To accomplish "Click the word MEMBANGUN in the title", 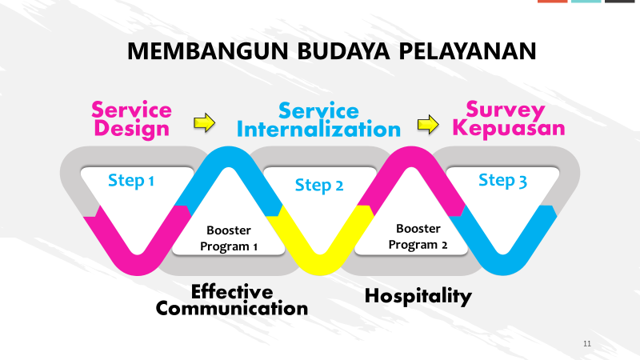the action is pyautogui.click(x=208, y=51).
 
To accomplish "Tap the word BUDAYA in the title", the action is pyautogui.click(x=344, y=51).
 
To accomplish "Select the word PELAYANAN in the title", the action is pyautogui.click(x=467, y=51).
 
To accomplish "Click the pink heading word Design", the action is pyautogui.click(x=131, y=129).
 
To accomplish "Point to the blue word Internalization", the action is pyautogui.click(x=318, y=130).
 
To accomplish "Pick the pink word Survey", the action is pyautogui.click(x=506, y=110).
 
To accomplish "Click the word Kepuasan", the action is pyautogui.click(x=509, y=128).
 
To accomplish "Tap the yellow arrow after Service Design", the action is pyautogui.click(x=205, y=122).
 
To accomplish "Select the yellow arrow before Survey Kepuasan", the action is pyautogui.click(x=428, y=124).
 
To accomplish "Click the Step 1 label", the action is pyautogui.click(x=131, y=181).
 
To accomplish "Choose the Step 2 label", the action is pyautogui.click(x=319, y=186).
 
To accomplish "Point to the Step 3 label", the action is pyautogui.click(x=502, y=181).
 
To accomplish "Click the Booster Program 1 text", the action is pyautogui.click(x=229, y=238).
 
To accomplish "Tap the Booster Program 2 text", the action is pyautogui.click(x=418, y=237).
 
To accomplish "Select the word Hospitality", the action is pyautogui.click(x=418, y=296).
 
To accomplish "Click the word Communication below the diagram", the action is pyautogui.click(x=232, y=309).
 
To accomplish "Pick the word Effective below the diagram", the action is pyautogui.click(x=232, y=292).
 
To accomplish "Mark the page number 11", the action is pyautogui.click(x=587, y=344).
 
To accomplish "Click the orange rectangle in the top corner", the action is pyautogui.click(x=552, y=2).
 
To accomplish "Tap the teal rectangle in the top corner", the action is pyautogui.click(x=586, y=2).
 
